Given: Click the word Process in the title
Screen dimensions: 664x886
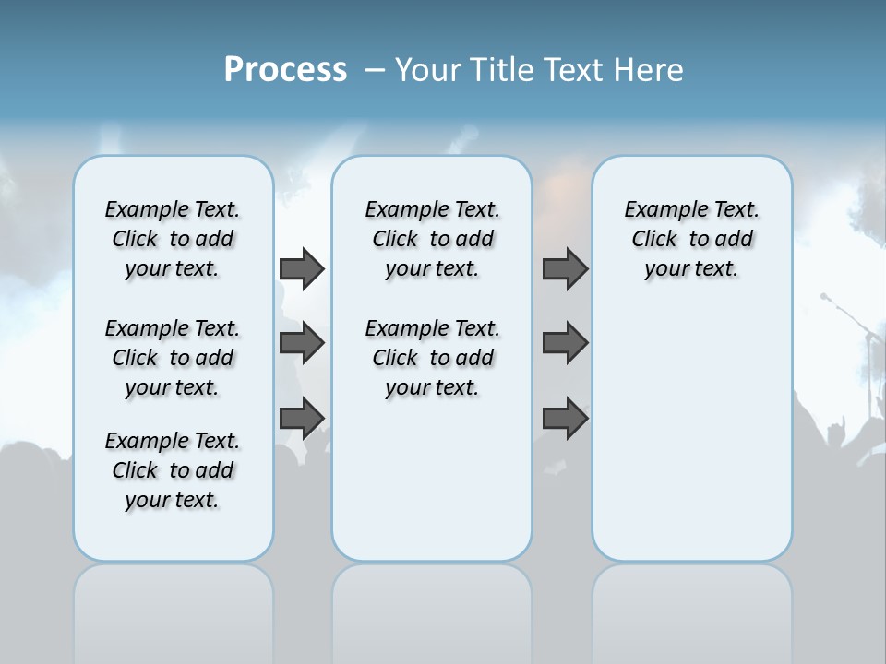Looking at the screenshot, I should (x=285, y=70).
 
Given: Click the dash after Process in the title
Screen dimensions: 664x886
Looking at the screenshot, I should (x=375, y=71).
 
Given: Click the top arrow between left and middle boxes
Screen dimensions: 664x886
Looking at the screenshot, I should (x=302, y=268).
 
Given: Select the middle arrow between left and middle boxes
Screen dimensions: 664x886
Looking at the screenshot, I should (x=302, y=343).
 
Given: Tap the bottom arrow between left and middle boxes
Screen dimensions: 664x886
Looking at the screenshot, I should (x=302, y=418).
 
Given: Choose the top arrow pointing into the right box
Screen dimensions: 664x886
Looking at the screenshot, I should (x=565, y=268).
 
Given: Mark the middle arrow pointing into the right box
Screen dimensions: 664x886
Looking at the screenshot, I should (x=565, y=343).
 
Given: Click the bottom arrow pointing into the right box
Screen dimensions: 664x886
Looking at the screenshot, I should (x=565, y=418).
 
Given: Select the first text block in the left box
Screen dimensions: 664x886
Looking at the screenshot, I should (x=173, y=239).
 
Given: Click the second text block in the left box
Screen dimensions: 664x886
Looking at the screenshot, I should (x=173, y=358).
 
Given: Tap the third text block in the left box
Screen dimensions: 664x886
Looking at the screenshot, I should (x=173, y=470).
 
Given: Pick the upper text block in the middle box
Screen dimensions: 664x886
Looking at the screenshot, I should (x=432, y=239).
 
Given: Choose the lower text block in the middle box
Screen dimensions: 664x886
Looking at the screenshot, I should (x=432, y=358).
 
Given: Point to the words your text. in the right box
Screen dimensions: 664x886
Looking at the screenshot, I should (x=691, y=269).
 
